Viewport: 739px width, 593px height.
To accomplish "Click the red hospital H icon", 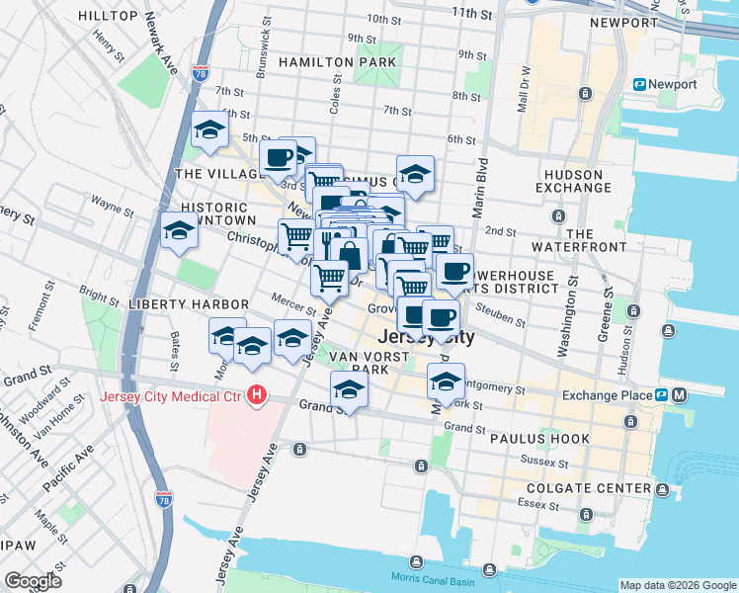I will coord(258,396).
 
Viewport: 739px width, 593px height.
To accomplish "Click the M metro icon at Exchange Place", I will coord(679,395).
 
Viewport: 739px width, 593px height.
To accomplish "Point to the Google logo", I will coord(33,580).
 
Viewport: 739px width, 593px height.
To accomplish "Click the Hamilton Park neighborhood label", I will coord(337,62).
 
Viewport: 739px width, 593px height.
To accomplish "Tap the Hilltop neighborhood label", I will coord(109,17).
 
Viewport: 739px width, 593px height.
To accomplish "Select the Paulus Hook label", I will coord(541,439).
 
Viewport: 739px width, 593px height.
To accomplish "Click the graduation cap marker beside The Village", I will coord(210,130).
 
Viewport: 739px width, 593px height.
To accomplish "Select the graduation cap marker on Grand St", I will coord(348,389).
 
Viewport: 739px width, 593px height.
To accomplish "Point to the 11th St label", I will coord(471,13).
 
